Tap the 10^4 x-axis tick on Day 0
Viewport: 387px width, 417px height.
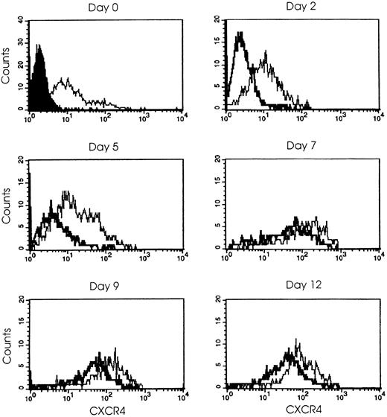pyautogui.click(x=182, y=119)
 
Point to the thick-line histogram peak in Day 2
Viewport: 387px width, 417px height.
pyautogui.click(x=240, y=34)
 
